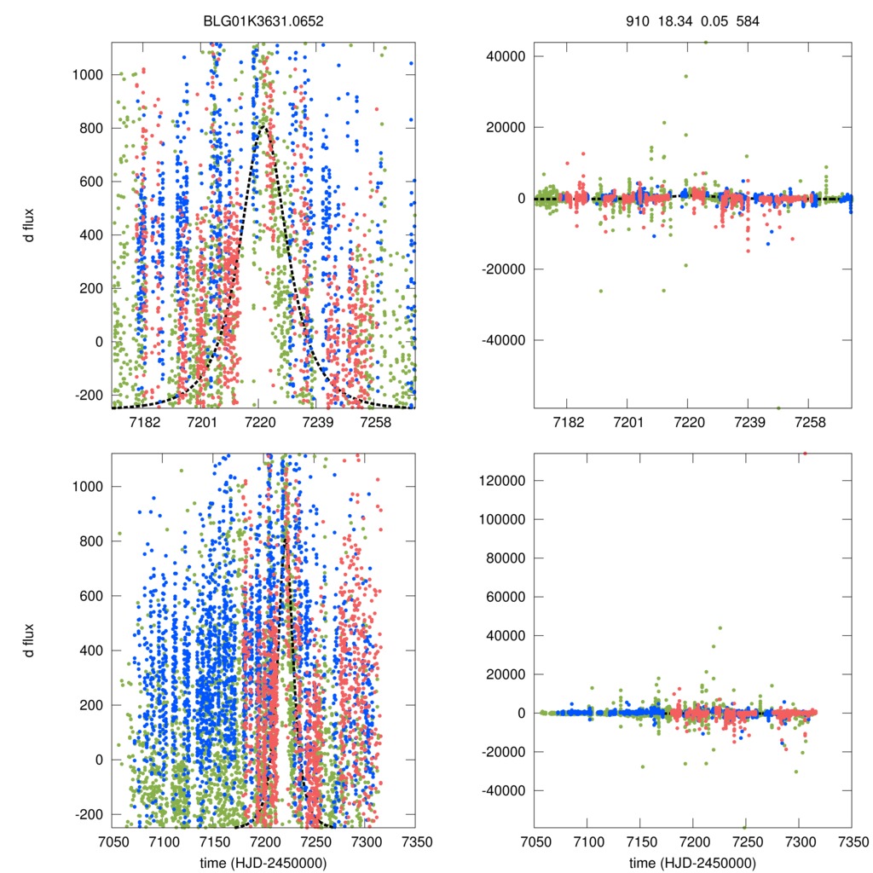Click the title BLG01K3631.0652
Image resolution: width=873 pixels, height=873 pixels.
pos(263,21)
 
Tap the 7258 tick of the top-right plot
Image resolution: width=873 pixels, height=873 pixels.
pos(809,423)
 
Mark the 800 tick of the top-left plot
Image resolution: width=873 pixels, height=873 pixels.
pos(90,129)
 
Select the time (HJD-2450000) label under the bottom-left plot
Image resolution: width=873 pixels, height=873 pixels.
pos(263,862)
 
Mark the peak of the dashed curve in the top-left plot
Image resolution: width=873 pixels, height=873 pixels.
pos(265,126)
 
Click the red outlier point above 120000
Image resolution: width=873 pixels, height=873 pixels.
pos(805,454)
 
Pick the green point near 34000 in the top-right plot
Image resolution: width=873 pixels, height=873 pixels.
pos(685,76)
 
